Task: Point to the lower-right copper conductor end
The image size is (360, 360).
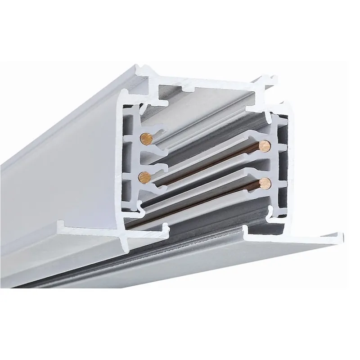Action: pyautogui.click(x=265, y=183)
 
